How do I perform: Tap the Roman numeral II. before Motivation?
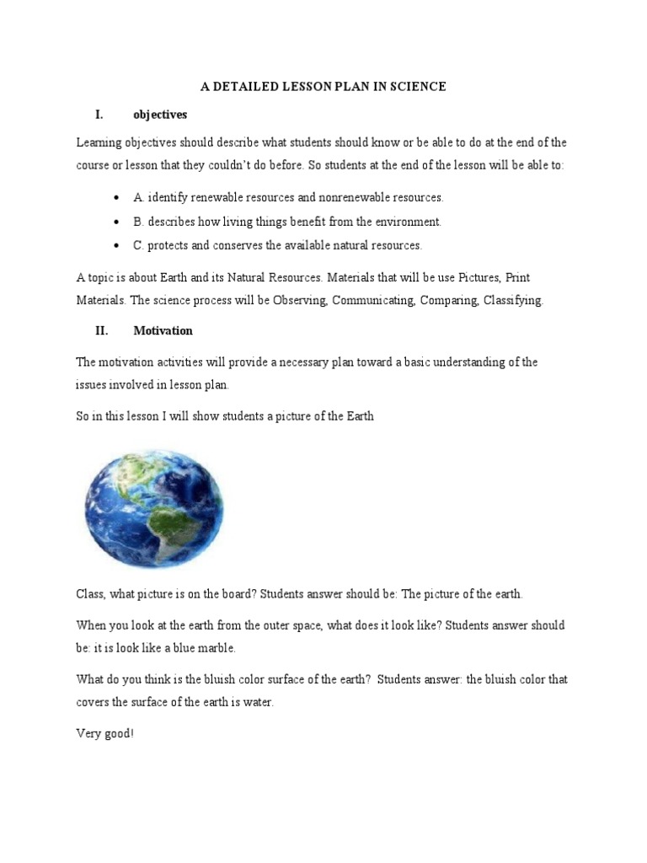coord(101,331)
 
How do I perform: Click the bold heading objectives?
coord(160,114)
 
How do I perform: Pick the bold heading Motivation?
coord(163,331)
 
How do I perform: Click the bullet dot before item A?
coord(115,197)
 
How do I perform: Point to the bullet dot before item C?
coord(115,246)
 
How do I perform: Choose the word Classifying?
coord(513,301)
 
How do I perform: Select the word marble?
coord(215,649)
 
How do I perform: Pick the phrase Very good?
coord(104,734)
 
